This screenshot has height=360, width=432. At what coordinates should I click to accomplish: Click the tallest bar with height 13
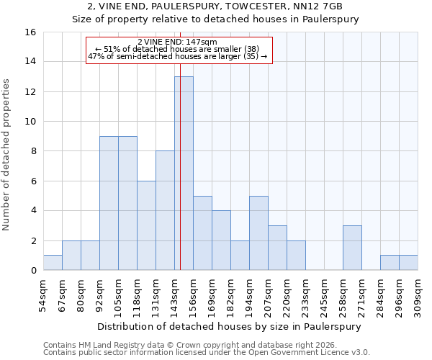coord(184,173)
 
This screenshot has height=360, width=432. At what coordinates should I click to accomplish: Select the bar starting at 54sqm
coord(53,263)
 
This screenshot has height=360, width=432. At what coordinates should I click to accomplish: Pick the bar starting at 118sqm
coord(146,225)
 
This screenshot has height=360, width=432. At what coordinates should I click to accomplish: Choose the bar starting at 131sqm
coord(165,210)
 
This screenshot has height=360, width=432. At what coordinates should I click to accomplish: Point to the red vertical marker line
coord(180,166)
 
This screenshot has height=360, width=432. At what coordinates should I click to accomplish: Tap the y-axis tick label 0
coord(33,271)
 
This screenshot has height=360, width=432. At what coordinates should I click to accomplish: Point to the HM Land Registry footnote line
coord(206,345)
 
